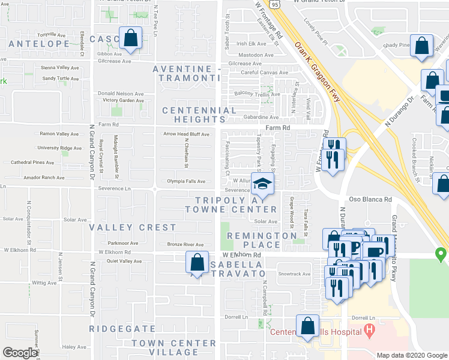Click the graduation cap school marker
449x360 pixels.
click(262, 185)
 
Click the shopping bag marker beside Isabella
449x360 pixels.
click(197, 262)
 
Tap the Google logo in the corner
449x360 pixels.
click(20, 353)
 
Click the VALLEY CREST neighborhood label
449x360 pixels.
click(133, 227)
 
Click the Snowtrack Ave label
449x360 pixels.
click(294, 274)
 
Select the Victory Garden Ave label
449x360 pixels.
click(123, 100)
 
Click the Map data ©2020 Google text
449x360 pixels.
click(411, 355)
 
